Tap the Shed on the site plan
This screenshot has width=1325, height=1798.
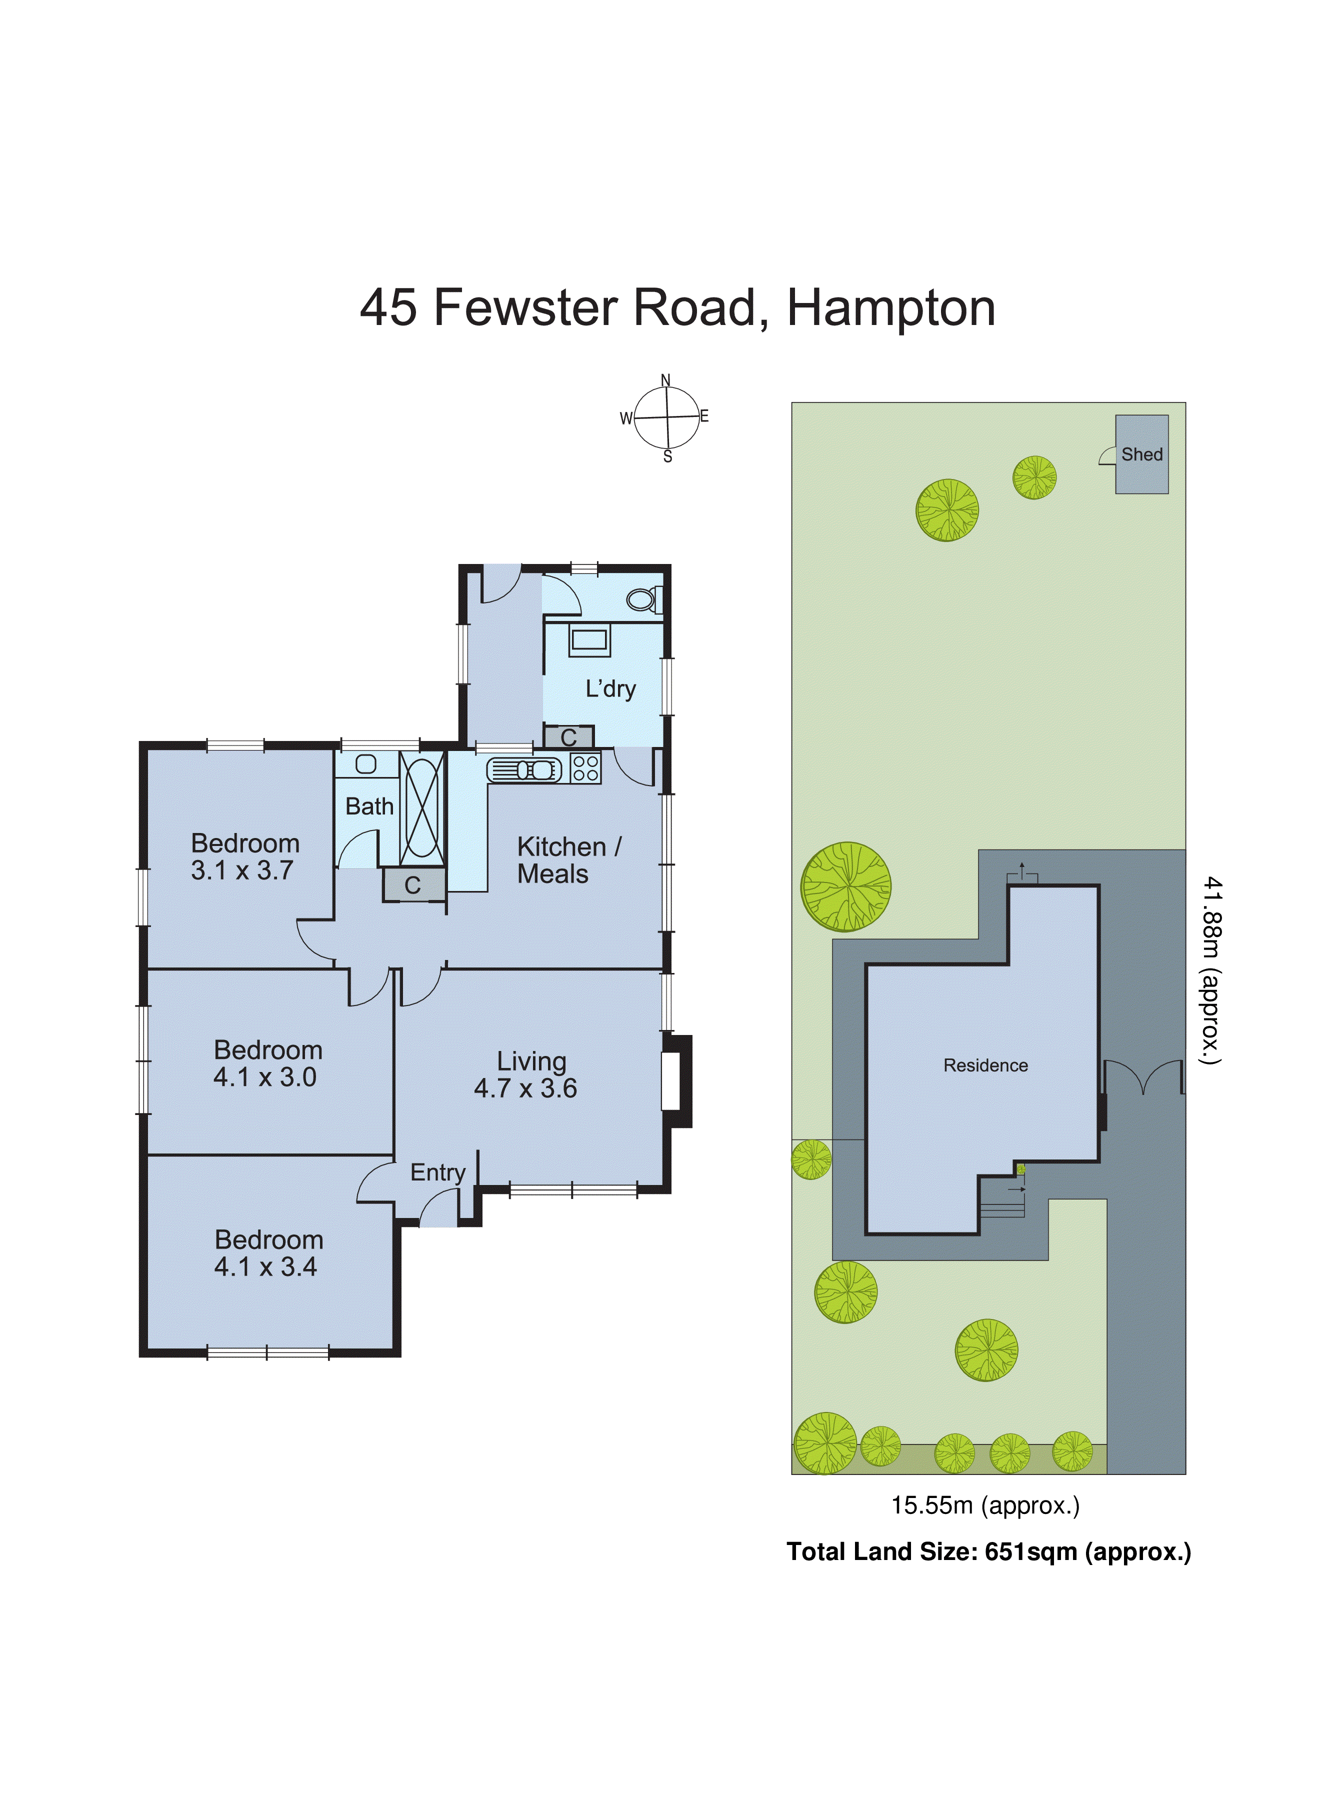click(1141, 454)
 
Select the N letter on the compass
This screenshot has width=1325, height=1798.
click(665, 380)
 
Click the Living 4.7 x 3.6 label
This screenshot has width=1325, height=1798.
click(526, 1074)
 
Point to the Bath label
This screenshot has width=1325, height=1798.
click(369, 806)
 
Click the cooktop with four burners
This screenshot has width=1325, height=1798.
click(585, 768)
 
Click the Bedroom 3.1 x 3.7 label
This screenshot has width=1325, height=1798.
click(244, 856)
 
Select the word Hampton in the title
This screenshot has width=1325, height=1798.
click(890, 308)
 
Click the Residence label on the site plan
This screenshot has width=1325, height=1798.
click(985, 1065)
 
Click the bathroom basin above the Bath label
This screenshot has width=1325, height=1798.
click(365, 764)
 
